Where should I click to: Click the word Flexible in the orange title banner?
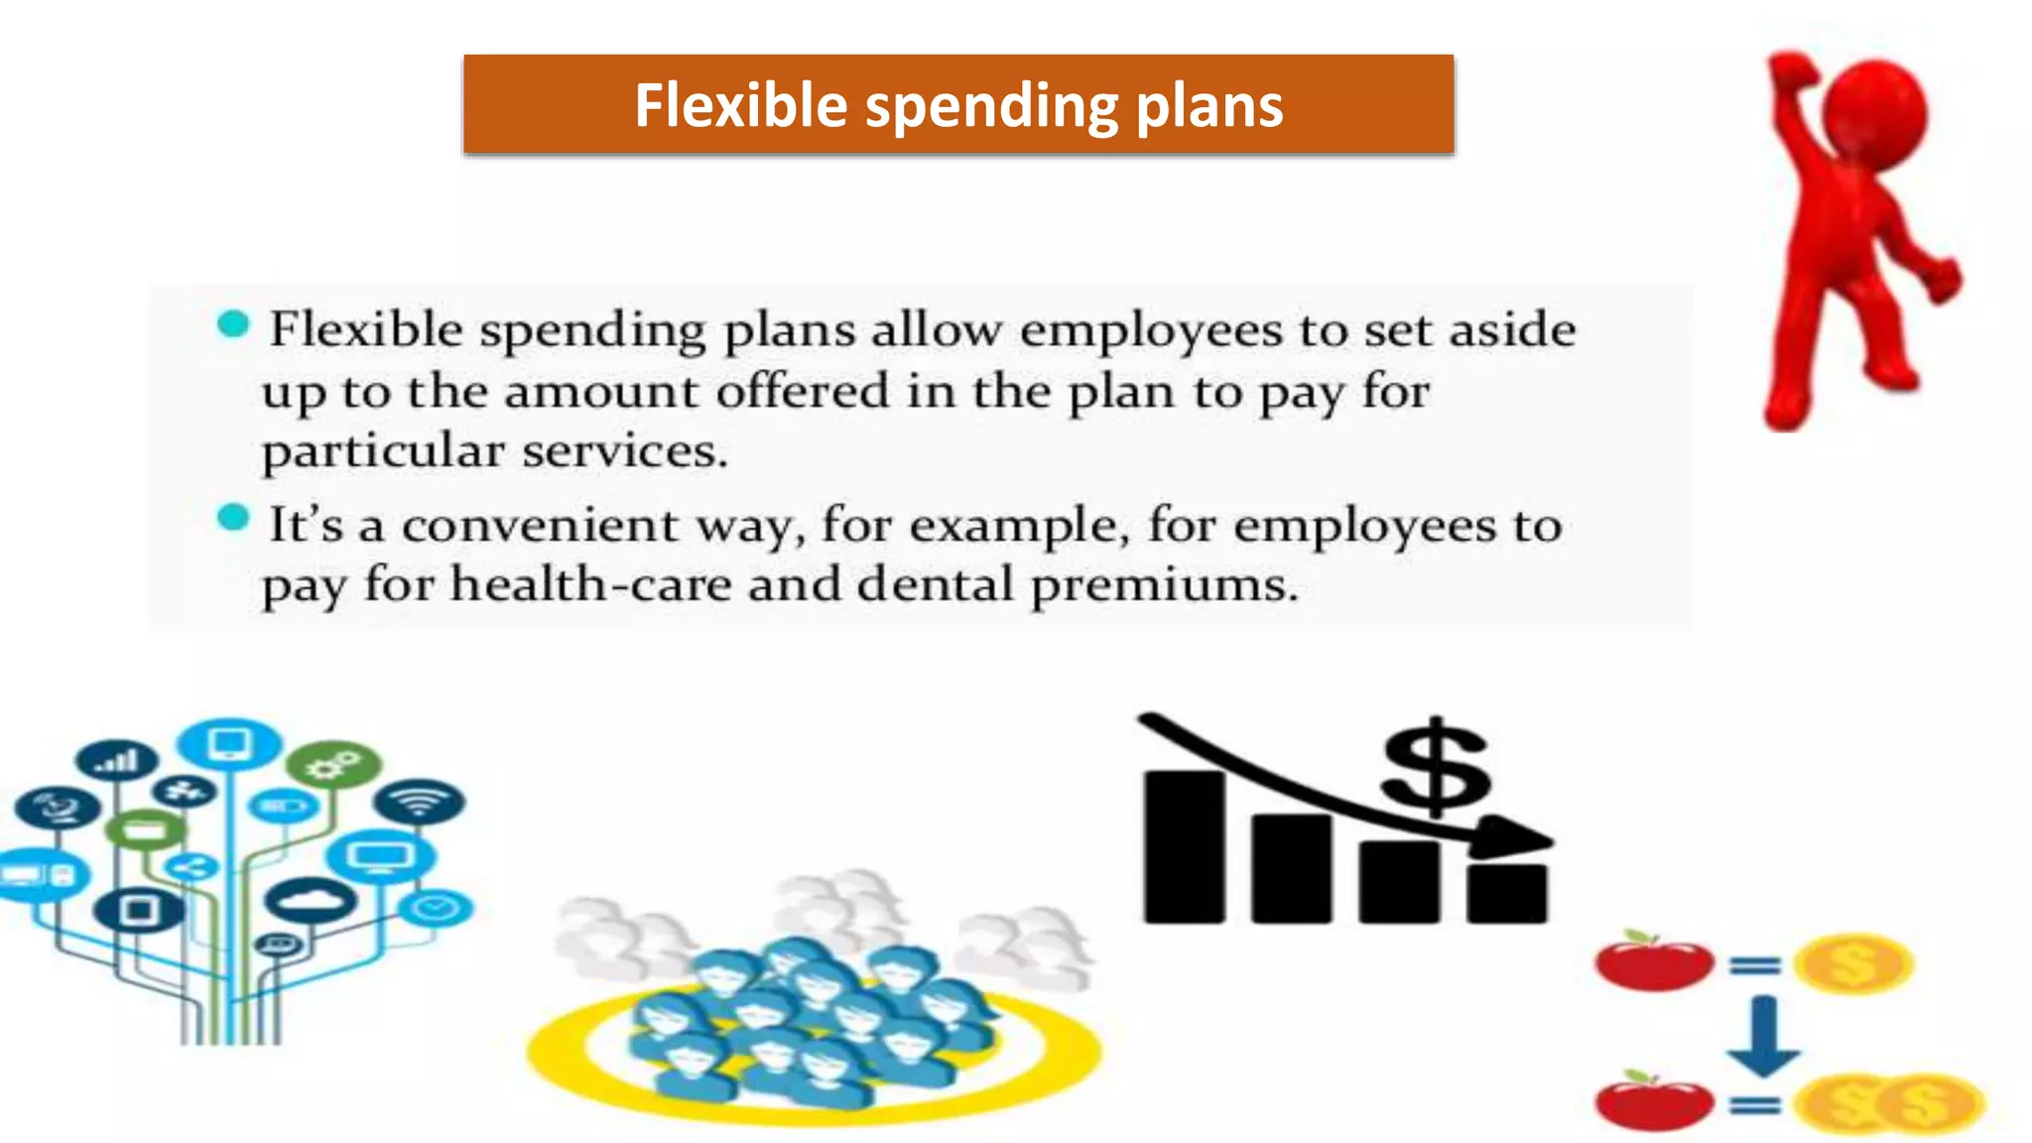tap(740, 105)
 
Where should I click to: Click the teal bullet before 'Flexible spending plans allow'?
tap(233, 324)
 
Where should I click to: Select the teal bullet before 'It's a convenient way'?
tap(233, 518)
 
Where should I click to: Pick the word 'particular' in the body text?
tap(383, 452)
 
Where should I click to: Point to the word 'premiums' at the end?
tap(1163, 586)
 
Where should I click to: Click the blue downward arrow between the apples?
tap(1762, 1037)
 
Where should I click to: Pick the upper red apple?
tap(1653, 961)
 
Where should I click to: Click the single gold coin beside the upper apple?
tap(1852, 963)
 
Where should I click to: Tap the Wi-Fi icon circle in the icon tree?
tap(419, 801)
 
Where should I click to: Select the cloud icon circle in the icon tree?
tap(311, 901)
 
